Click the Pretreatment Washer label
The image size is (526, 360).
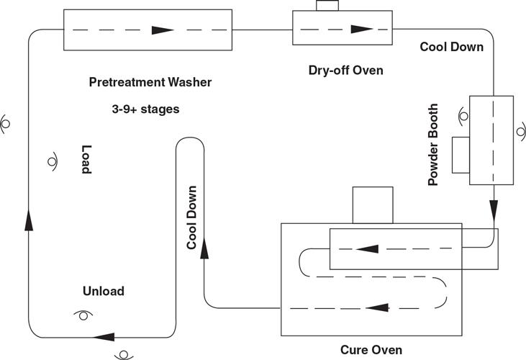pos(150,82)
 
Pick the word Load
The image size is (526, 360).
pos(86,159)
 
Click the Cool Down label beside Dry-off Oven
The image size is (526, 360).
pos(452,48)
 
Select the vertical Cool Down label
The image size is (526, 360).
pos(192,218)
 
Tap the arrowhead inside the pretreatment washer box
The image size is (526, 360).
pos(163,30)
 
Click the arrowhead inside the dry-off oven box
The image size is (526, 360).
pos(360,30)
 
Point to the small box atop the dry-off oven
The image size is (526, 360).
pos(327,6)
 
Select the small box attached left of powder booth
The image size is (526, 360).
pos(461,155)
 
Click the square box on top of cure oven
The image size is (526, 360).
pos(372,204)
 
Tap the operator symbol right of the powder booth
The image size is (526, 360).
pos(520,133)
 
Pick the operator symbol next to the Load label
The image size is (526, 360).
pos(53,161)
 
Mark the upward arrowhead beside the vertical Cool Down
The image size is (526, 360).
pos(205,248)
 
